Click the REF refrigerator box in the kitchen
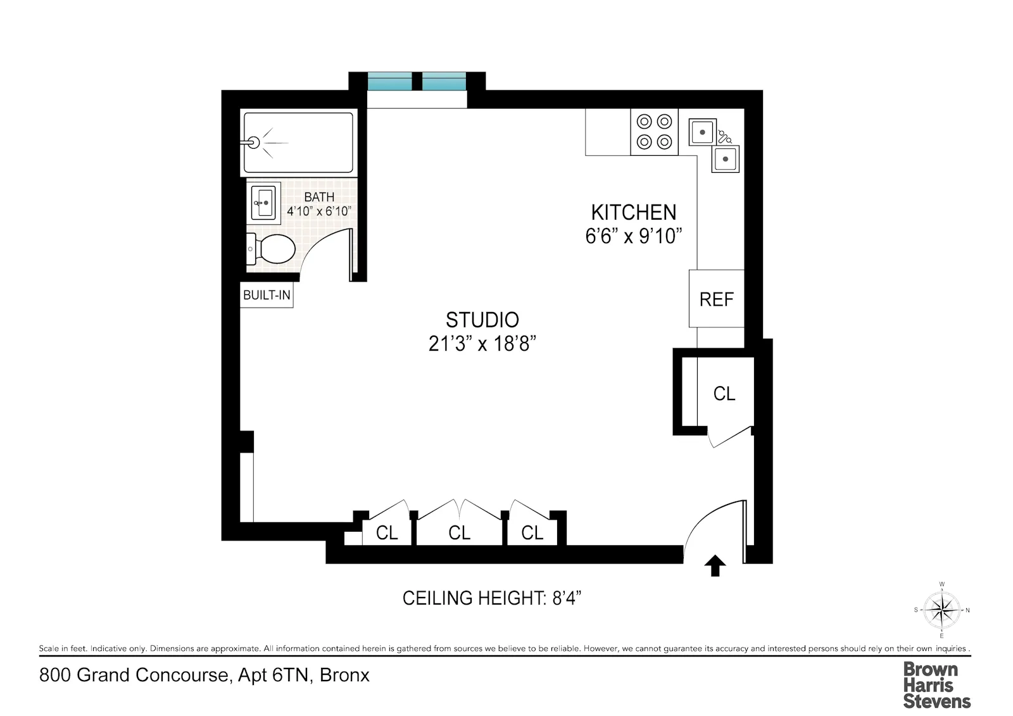716,299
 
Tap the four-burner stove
654,132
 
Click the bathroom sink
263,203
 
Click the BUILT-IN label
267,295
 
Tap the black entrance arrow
715,565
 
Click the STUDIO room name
482,320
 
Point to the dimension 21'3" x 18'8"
482,344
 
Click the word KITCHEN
633,212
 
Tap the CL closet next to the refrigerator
724,394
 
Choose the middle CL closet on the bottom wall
459,533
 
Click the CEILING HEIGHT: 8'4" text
491,598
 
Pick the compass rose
941,610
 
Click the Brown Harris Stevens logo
936,685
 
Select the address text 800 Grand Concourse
134,675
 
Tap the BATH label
318,197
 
